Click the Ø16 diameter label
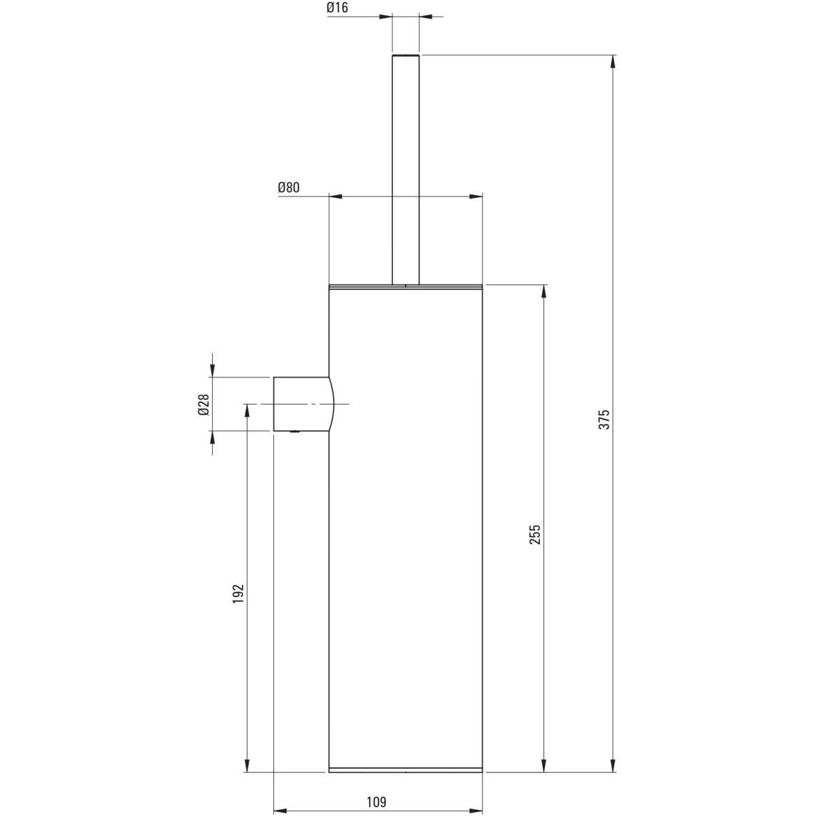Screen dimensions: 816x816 pyautogui.click(x=337, y=7)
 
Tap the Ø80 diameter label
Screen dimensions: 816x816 pyautogui.click(x=289, y=187)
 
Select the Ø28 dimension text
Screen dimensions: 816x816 pyautogui.click(x=204, y=404)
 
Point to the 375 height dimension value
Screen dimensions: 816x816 pyautogui.click(x=605, y=420)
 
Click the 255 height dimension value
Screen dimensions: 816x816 pyautogui.click(x=536, y=534)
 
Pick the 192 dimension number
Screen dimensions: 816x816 pyautogui.click(x=239, y=594)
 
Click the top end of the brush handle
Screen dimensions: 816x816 pyautogui.click(x=405, y=56)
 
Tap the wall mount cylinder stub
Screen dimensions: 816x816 pyautogui.click(x=303, y=404)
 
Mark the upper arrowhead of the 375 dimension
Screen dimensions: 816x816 pyautogui.click(x=613, y=63)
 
